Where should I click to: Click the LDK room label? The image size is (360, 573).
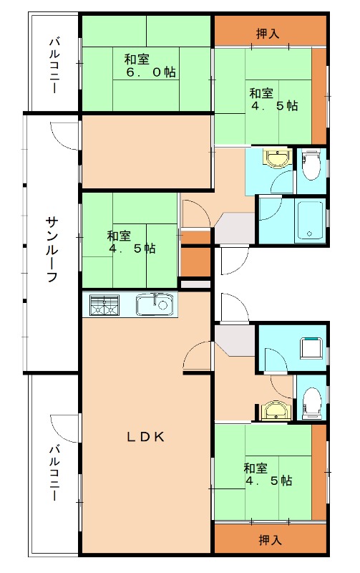146,437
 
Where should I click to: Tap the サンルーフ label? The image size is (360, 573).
52,249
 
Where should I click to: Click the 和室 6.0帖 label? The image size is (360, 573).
150,66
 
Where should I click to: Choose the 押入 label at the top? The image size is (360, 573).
268,34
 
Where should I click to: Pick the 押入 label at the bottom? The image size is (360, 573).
271,540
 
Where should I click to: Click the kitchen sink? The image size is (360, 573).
155,304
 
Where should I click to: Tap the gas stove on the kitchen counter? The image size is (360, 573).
104,305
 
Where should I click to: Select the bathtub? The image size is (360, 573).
310,221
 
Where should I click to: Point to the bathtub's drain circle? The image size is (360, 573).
310,234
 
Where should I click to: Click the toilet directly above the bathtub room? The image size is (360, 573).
311,165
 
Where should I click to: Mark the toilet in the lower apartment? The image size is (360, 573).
312,403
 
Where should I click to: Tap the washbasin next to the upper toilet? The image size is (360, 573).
278,158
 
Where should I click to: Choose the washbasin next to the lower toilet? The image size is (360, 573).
276,410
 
